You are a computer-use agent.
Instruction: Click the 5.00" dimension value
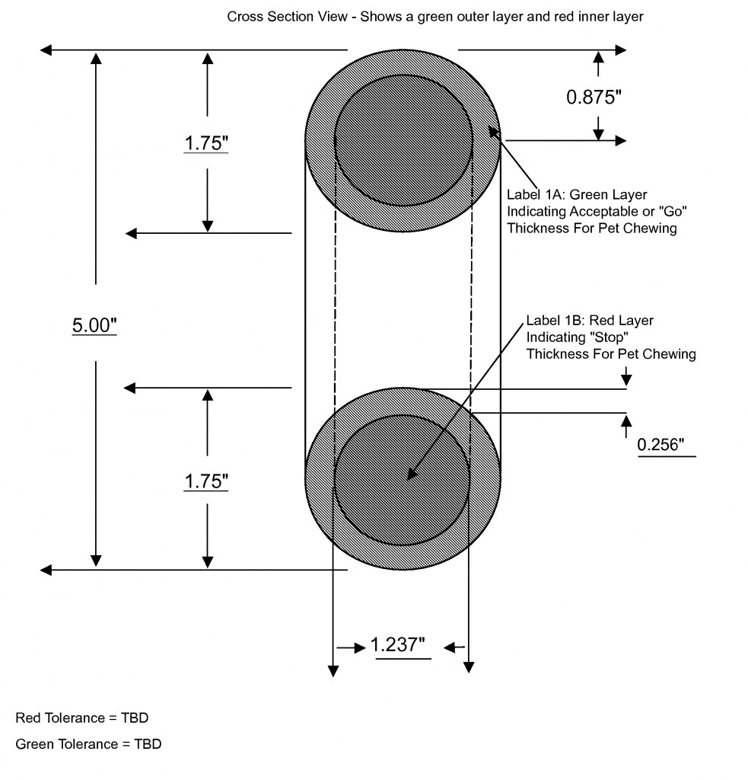(94, 325)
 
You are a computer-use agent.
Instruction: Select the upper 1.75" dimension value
(206, 143)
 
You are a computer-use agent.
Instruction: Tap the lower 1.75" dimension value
(206, 481)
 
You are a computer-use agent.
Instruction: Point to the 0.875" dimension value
(594, 97)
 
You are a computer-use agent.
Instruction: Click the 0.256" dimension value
(660, 444)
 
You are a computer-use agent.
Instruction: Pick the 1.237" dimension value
(398, 644)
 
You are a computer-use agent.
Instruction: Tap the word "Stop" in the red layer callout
(608, 337)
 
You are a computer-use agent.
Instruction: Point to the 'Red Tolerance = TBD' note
(82, 718)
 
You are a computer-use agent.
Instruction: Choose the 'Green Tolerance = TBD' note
(88, 744)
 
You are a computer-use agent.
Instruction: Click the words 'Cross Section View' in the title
(288, 17)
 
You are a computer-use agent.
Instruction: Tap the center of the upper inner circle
(403, 140)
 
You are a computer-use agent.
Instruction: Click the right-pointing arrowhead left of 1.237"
(360, 647)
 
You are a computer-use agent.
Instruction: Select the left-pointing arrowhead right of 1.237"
(450, 647)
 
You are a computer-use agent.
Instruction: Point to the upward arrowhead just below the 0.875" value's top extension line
(598, 57)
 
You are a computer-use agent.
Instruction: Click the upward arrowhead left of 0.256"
(626, 420)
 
